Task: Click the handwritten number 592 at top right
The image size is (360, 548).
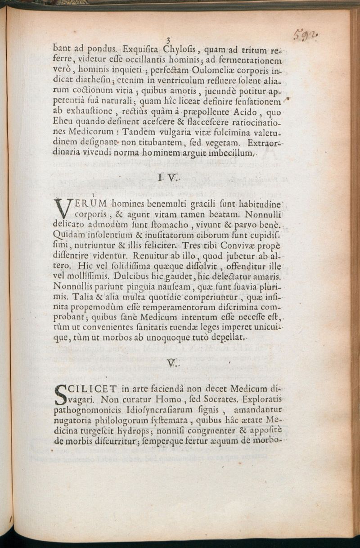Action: point(306,35)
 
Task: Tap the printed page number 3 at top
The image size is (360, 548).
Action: point(167,39)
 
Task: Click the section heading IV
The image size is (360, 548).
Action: point(166,179)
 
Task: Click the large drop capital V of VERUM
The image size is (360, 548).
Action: point(63,209)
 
